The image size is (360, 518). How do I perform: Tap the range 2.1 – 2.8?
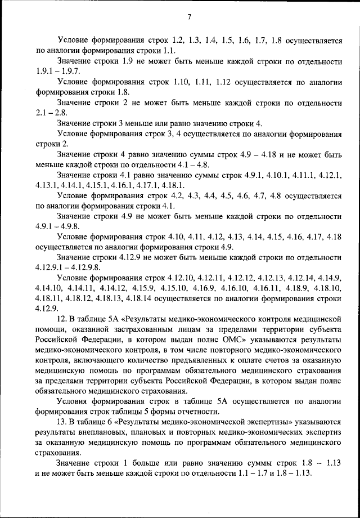(x=50, y=113)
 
